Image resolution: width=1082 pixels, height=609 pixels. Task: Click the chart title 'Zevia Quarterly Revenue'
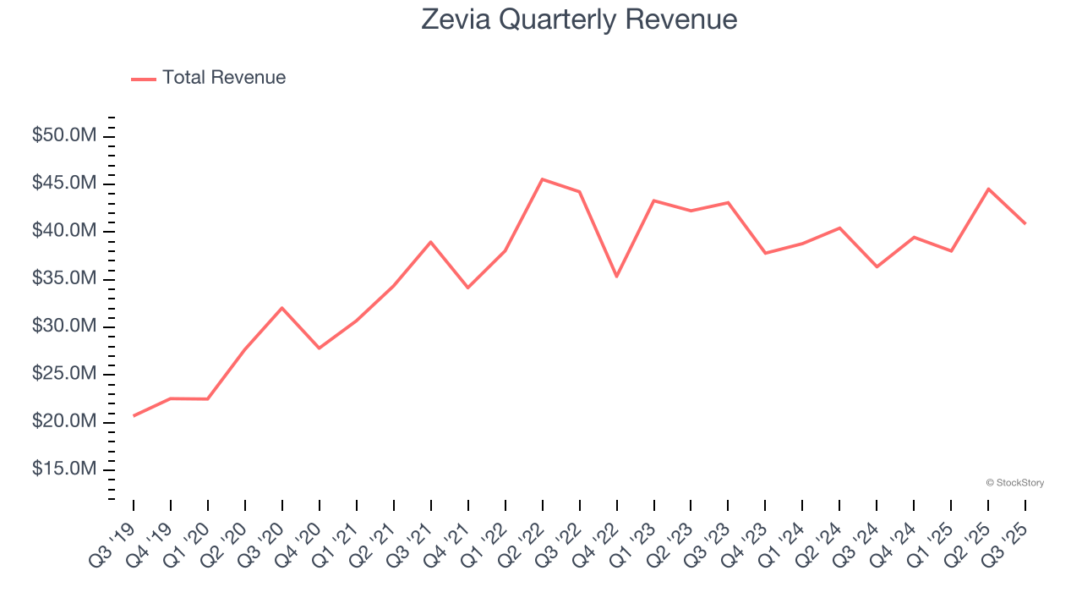[x=579, y=19]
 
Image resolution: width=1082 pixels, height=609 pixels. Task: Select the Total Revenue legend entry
[x=209, y=78]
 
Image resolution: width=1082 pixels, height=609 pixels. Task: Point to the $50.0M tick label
[x=65, y=136]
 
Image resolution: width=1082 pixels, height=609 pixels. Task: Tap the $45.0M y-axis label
[x=65, y=184]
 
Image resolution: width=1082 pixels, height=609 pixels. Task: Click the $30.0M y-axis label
[x=65, y=326]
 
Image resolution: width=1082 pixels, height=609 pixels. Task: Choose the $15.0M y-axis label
[x=65, y=469]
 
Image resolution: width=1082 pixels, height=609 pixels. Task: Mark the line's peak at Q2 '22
[x=542, y=179]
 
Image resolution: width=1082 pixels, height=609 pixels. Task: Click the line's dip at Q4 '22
[x=616, y=277]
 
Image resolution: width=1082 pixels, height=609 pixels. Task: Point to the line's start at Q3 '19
[x=134, y=416]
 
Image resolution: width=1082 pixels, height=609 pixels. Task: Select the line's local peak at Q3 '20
[x=281, y=308]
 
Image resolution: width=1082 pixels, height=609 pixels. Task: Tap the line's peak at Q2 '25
[x=988, y=189]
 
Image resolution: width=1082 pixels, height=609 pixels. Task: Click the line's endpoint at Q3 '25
[x=1025, y=224]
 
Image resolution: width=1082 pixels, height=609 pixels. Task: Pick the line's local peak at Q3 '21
[x=430, y=242]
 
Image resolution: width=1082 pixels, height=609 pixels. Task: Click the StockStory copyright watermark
[x=1014, y=483]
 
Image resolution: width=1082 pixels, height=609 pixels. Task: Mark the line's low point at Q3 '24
[x=877, y=267]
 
